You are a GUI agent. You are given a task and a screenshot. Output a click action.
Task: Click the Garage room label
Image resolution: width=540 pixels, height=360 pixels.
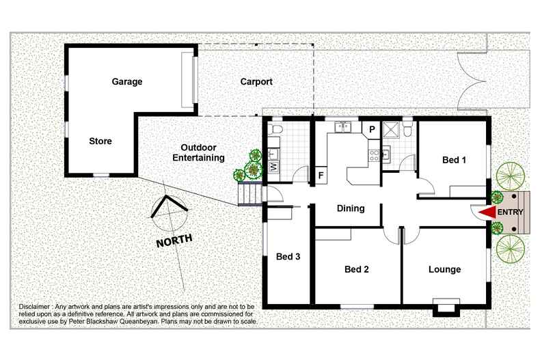click(x=127, y=82)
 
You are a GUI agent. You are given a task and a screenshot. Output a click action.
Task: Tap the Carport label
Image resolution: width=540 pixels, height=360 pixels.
click(x=256, y=82)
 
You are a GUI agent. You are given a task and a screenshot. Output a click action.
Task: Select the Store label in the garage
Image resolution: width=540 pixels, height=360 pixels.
click(x=100, y=141)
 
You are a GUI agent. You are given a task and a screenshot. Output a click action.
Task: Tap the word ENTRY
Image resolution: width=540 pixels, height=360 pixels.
click(x=511, y=212)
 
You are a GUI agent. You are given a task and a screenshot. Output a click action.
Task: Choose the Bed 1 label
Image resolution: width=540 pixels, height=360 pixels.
click(x=454, y=161)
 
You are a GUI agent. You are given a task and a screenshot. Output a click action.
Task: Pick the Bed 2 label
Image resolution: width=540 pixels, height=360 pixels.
click(x=357, y=269)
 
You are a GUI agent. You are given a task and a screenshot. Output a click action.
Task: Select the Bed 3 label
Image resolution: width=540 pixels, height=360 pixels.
click(x=288, y=257)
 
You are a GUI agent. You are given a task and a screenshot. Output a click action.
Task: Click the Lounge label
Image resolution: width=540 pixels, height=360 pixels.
click(x=444, y=269)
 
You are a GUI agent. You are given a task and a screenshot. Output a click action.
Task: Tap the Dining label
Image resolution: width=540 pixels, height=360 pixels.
click(x=351, y=208)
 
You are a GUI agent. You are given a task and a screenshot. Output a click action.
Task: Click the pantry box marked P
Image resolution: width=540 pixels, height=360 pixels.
click(x=373, y=128)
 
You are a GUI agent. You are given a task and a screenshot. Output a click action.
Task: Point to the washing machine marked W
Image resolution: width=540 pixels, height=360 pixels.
click(x=274, y=165)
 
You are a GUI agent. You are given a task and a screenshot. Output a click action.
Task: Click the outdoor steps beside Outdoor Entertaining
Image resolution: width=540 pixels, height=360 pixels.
click(x=249, y=195)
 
